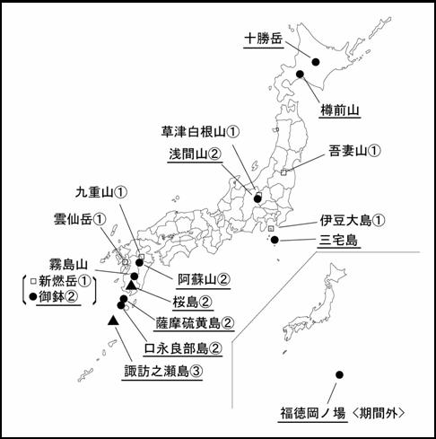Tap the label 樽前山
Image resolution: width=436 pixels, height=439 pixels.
pos(340,110)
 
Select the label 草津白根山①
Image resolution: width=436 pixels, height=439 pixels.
pos(202,131)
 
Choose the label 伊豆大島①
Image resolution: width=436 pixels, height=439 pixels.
pos(353,219)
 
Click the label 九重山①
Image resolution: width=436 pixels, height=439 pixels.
pos(101,191)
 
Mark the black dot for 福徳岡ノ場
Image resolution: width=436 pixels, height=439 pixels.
pos(339,374)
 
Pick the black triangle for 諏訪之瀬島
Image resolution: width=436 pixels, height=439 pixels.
pos(113,320)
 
